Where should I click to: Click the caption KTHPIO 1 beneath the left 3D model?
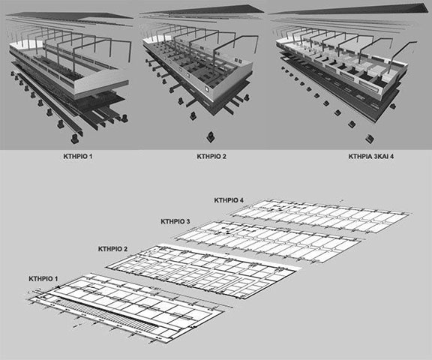pyautogui.click(x=78, y=157)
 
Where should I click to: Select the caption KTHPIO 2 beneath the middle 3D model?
pyautogui.click(x=211, y=157)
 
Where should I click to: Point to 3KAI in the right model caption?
pyautogui.click(x=381, y=157)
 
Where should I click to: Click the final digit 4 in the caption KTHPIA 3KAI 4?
pyautogui.click(x=391, y=157)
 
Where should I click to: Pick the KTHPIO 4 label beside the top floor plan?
pyautogui.click(x=229, y=200)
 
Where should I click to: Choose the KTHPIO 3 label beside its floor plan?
pyautogui.click(x=175, y=221)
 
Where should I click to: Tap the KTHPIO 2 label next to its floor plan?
pyautogui.click(x=112, y=249)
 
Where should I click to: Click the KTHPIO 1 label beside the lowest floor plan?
pyautogui.click(x=43, y=279)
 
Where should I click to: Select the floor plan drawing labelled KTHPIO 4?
pyautogui.click(x=319, y=216)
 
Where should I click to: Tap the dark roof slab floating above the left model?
pyautogui.click(x=69, y=16)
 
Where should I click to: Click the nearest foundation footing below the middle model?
pyautogui.click(x=211, y=137)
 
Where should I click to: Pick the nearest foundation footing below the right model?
pyautogui.click(x=370, y=139)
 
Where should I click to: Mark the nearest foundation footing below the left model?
pyautogui.click(x=75, y=139)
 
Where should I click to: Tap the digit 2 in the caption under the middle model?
pyautogui.click(x=224, y=157)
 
